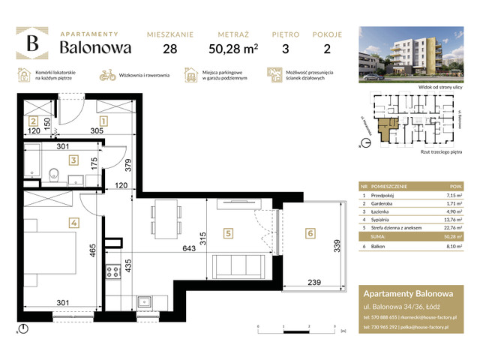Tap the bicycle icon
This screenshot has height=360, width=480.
point(108,75)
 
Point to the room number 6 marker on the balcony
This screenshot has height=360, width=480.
point(310,234)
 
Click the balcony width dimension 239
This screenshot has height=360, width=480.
point(315,282)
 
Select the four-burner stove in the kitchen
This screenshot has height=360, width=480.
point(114,272)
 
